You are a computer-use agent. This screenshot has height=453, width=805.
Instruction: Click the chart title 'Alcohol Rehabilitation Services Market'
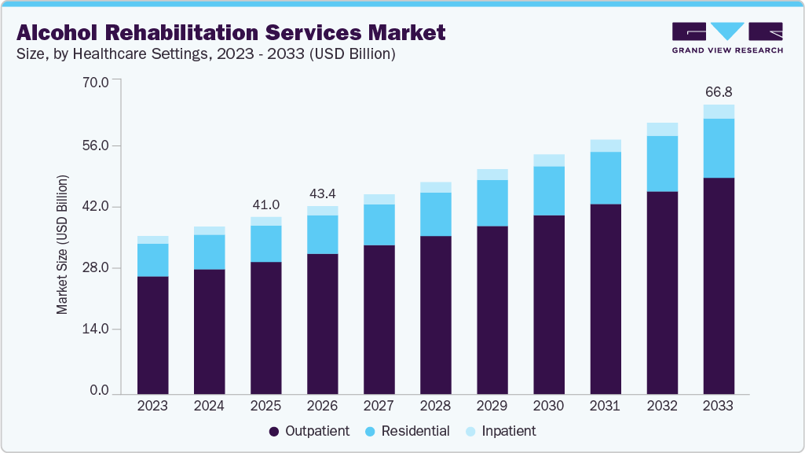point(231,32)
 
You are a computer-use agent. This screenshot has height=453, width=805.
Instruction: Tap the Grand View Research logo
point(727,37)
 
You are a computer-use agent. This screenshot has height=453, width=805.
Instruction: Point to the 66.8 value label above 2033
point(719,91)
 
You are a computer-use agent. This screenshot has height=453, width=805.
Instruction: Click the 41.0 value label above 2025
point(265,204)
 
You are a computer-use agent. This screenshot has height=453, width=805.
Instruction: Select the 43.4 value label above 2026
point(322,193)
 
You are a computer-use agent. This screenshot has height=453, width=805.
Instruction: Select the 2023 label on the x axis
point(152,407)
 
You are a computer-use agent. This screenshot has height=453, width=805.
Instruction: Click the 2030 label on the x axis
point(548,407)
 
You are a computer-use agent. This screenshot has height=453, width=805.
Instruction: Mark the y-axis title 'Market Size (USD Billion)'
point(62,245)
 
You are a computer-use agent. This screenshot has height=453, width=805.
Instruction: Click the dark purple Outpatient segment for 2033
point(719,285)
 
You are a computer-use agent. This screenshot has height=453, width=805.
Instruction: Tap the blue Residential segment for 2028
point(436,214)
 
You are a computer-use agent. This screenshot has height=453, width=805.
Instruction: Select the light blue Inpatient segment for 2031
point(606,145)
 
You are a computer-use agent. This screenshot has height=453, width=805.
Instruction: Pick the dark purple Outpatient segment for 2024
point(209,331)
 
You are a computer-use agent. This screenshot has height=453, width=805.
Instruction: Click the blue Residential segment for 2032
point(662,164)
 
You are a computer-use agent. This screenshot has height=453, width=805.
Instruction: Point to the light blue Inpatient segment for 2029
point(492,175)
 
